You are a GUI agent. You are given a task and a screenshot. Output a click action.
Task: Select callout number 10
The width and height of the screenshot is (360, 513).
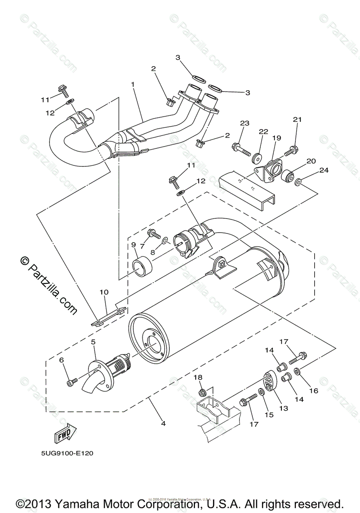point(104,292)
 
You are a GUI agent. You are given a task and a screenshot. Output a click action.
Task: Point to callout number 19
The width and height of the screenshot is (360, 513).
point(277,138)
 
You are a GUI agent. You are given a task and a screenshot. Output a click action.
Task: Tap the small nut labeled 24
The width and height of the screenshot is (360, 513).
point(299,183)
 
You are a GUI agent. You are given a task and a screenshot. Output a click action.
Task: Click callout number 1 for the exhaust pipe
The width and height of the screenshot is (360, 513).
point(133,85)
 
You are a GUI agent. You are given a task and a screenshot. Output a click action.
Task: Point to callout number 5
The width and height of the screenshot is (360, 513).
point(94,342)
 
